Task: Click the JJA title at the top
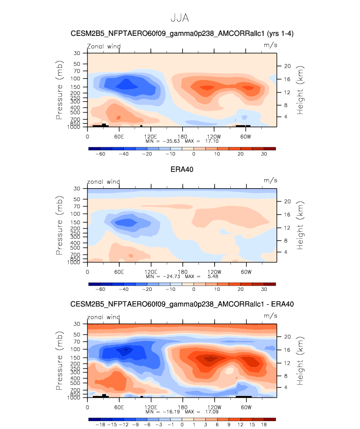[x=179, y=18]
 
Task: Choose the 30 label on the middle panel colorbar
[x=264, y=289]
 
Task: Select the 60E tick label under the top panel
[x=119, y=136]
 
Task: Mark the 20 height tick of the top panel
[x=288, y=66]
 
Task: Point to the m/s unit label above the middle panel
[x=271, y=181]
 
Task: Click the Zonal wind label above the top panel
[x=104, y=47]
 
